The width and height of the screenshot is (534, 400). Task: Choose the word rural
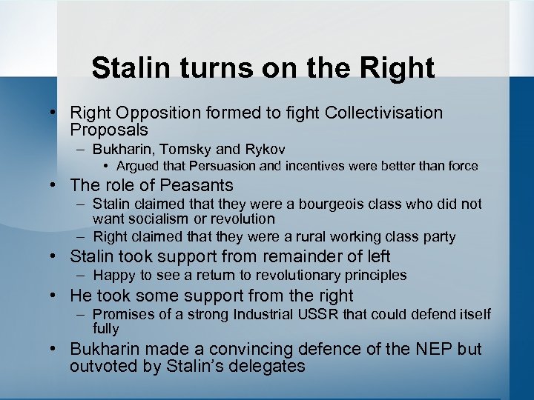click(x=330, y=237)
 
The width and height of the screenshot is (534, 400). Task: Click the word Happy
click(x=113, y=276)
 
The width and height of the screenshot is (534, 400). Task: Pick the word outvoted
click(x=100, y=366)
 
